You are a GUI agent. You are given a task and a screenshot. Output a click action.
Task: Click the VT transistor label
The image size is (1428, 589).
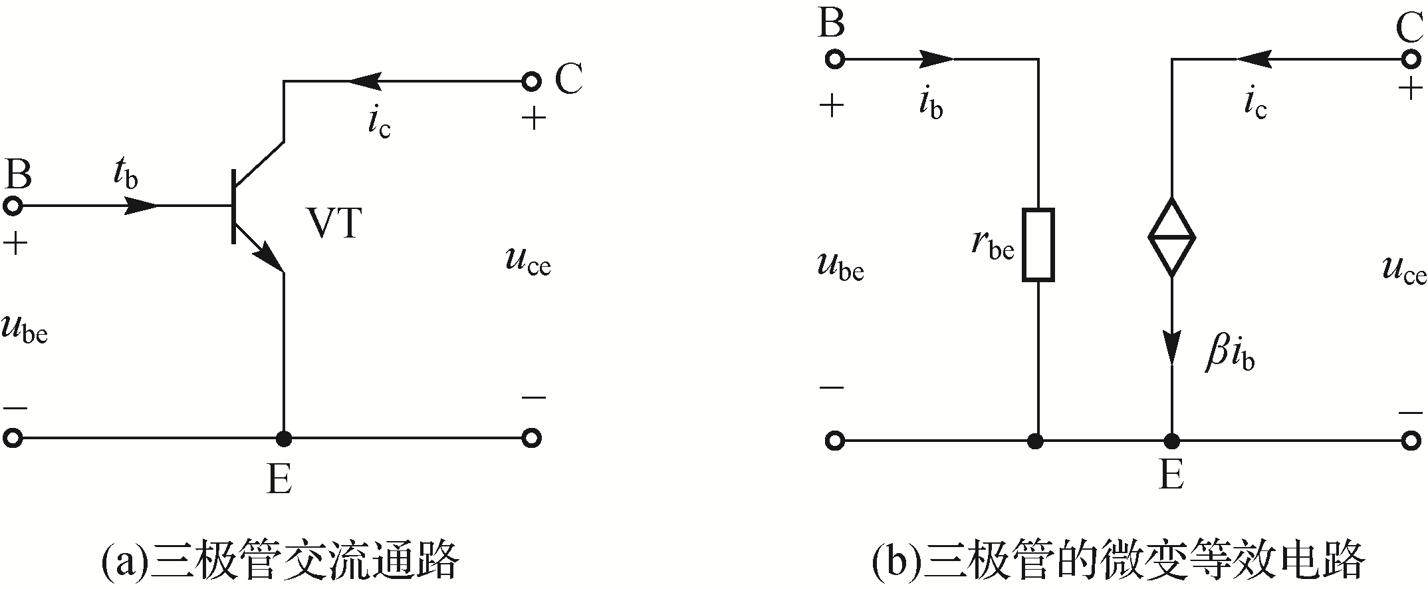click(x=334, y=224)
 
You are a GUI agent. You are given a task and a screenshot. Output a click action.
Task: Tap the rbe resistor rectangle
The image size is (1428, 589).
click(x=1038, y=245)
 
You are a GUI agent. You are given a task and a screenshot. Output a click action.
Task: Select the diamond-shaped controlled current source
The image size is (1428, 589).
click(x=1171, y=236)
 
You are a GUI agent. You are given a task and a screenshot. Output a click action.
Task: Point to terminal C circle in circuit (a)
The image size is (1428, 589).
click(x=531, y=82)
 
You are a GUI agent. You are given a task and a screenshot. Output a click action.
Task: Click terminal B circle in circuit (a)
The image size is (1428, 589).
click(x=13, y=206)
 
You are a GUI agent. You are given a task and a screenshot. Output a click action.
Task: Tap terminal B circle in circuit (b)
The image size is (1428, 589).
click(x=835, y=59)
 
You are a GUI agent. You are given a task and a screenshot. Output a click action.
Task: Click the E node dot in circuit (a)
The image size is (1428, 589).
click(x=284, y=439)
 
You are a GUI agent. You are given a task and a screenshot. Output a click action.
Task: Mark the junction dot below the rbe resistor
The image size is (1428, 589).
click(x=1035, y=441)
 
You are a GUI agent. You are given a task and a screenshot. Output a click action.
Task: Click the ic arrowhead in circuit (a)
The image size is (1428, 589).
click(x=362, y=82)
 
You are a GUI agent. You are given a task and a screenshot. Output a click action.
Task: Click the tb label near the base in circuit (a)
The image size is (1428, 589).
click(x=126, y=174)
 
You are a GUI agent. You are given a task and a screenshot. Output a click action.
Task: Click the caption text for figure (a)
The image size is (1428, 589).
click(x=280, y=561)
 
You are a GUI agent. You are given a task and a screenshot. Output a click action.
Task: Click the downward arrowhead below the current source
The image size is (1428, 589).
click(x=1171, y=348)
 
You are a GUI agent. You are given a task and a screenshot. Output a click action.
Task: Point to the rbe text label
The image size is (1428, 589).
click(x=993, y=244)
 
